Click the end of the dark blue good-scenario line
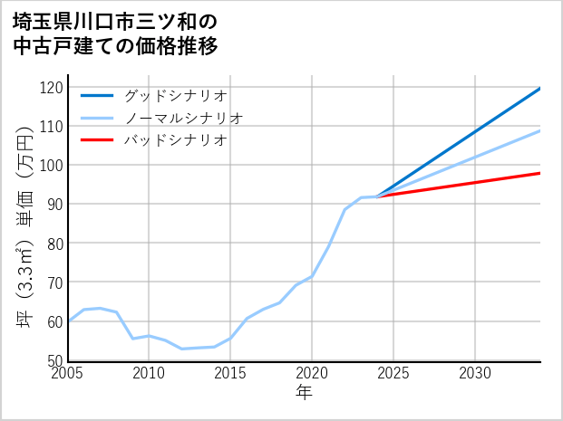pyautogui.click(x=539, y=89)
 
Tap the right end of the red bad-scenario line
pyautogui.click(x=539, y=173)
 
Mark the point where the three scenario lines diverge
pyautogui.click(x=378, y=196)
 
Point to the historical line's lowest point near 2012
pyautogui.click(x=182, y=349)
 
